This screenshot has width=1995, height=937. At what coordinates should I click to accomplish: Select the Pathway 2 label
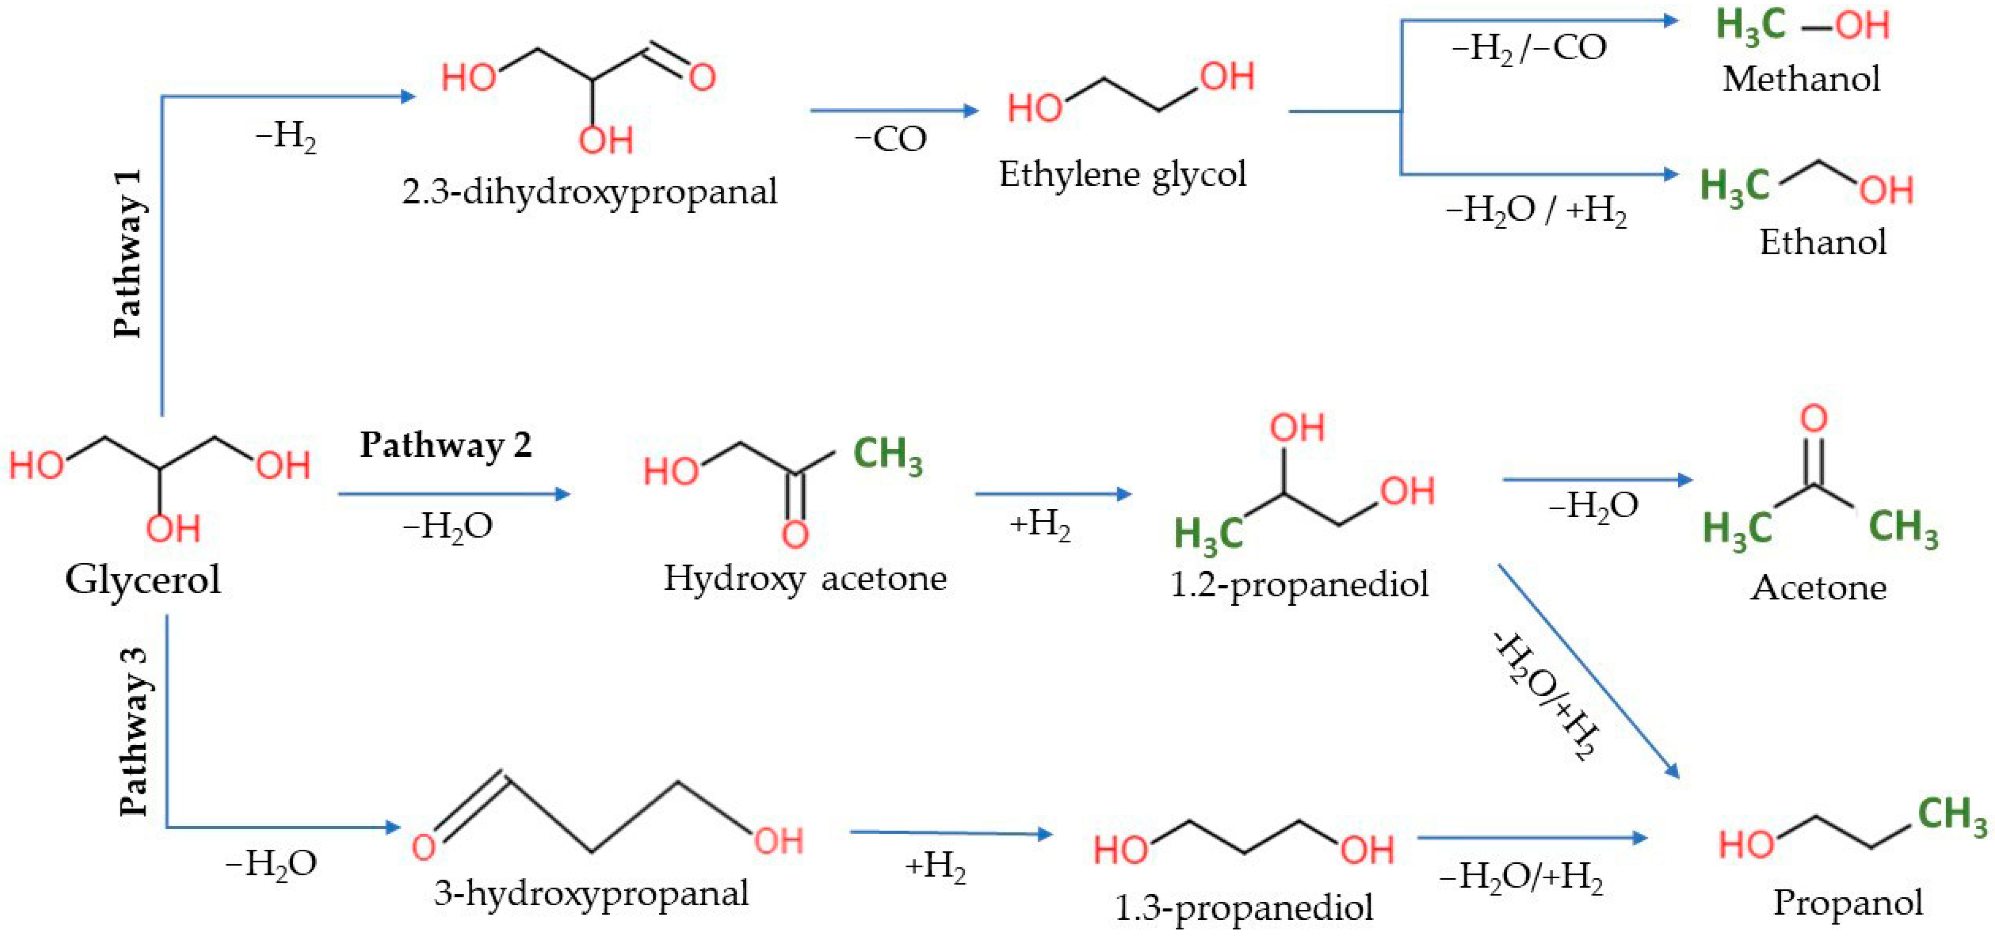pyautogui.click(x=446, y=445)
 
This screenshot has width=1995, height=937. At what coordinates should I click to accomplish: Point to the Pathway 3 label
pyautogui.click(x=134, y=731)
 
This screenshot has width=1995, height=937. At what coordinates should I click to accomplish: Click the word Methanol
pyautogui.click(x=1800, y=79)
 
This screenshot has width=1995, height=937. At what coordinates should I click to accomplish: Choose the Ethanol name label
pyautogui.click(x=1822, y=242)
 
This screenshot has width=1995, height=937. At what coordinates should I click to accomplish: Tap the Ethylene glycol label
pyautogui.click(x=1122, y=174)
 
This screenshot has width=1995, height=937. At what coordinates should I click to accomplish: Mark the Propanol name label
pyautogui.click(x=1848, y=902)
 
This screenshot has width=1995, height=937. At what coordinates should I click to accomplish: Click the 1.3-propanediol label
pyautogui.click(x=1243, y=908)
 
